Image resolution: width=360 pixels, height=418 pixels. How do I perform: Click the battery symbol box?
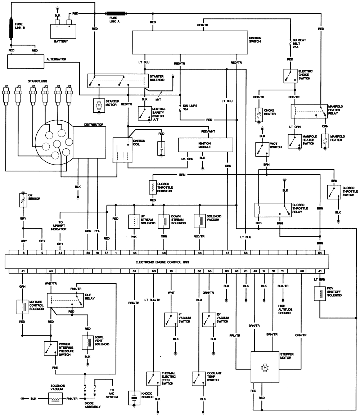63,31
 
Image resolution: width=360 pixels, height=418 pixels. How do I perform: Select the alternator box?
26,62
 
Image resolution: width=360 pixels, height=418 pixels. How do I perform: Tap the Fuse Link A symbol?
116,13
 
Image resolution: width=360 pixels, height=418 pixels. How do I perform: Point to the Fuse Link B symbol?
11,28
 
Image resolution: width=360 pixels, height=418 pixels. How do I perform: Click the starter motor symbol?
99,105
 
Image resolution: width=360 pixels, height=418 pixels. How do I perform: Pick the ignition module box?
206,145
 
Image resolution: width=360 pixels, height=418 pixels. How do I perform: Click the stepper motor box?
265,367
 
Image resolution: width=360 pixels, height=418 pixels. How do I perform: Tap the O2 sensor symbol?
23,200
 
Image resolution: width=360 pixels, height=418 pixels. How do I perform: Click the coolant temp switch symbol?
198,378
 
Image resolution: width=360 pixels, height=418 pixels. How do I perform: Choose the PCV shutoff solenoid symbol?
319,293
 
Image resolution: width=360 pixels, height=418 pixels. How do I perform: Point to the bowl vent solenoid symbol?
88,342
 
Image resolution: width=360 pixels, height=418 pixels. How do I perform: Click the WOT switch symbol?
262,149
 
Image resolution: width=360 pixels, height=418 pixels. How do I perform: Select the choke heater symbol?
258,114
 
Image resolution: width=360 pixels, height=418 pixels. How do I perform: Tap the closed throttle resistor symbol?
153,188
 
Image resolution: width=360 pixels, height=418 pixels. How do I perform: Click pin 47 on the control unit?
227,252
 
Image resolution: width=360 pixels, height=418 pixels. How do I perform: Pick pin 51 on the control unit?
134,271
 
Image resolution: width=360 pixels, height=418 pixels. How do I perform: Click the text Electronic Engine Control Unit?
162,262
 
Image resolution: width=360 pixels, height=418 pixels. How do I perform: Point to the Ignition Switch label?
255,40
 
